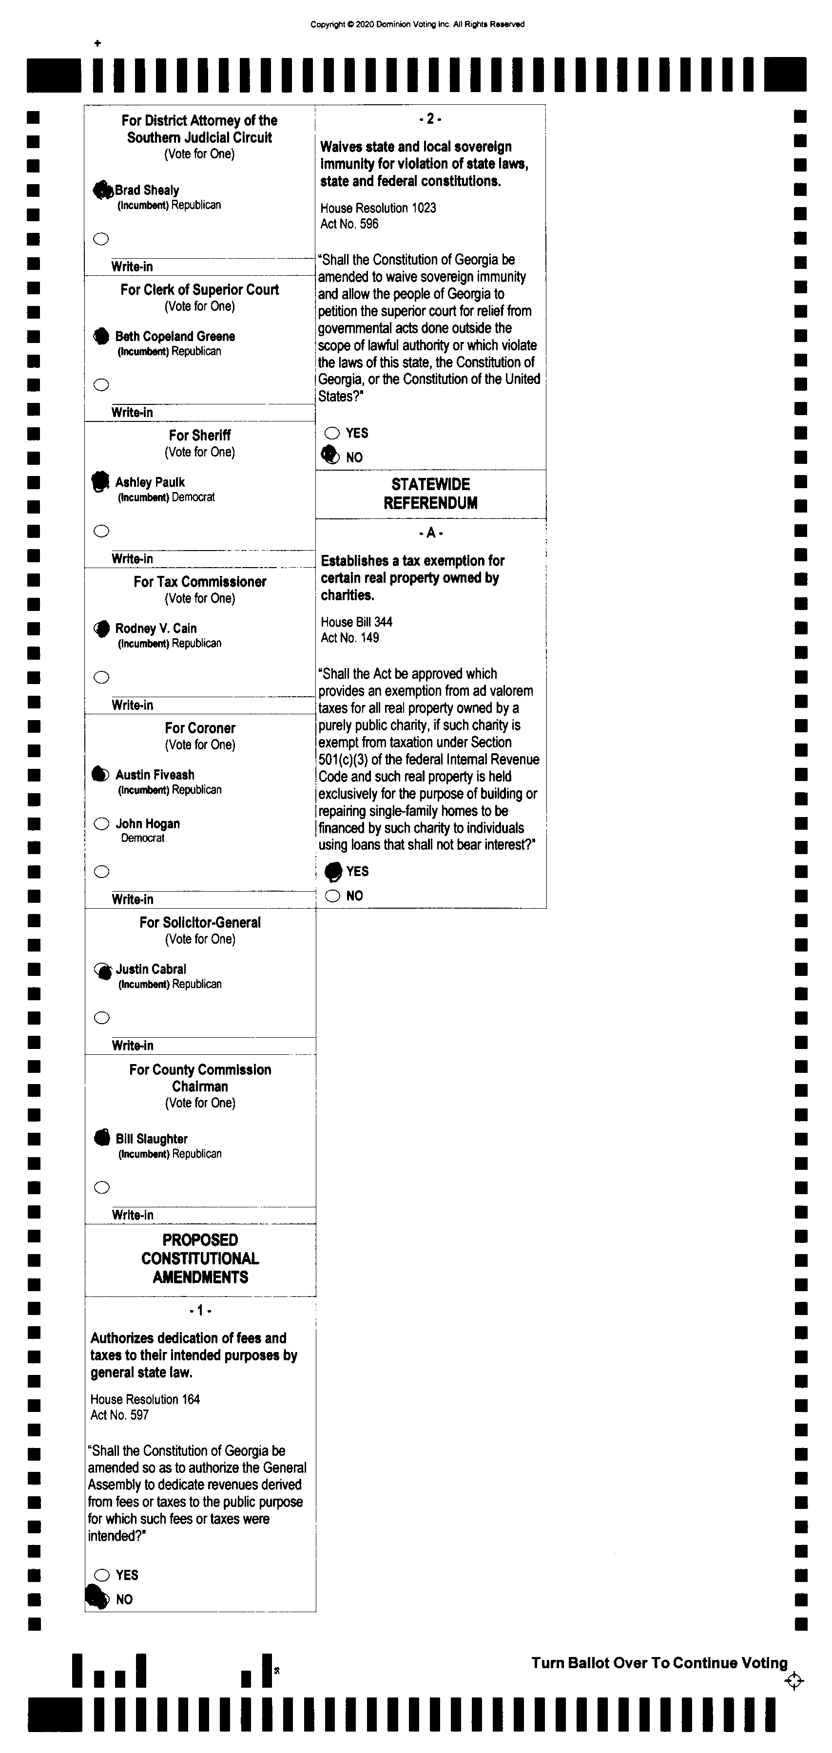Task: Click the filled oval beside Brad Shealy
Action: coord(102,191)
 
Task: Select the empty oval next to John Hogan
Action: coord(101,824)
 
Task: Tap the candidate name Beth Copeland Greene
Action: coord(175,336)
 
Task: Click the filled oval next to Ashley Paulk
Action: coord(101,481)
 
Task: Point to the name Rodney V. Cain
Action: coord(156,628)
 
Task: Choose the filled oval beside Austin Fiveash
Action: coord(100,774)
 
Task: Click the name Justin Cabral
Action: coord(151,969)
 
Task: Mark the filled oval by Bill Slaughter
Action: coord(102,1138)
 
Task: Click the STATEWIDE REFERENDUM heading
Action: coord(430,494)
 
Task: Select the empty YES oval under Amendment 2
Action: coord(332,433)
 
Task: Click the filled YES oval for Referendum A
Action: coord(333,871)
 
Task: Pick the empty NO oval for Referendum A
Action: coord(332,896)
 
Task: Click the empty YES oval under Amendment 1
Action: coord(102,1575)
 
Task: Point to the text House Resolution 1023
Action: coord(378,208)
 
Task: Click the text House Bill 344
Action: coord(356,622)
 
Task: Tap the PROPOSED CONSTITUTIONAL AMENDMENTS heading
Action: coord(200,1258)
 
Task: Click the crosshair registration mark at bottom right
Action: coord(794,1681)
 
